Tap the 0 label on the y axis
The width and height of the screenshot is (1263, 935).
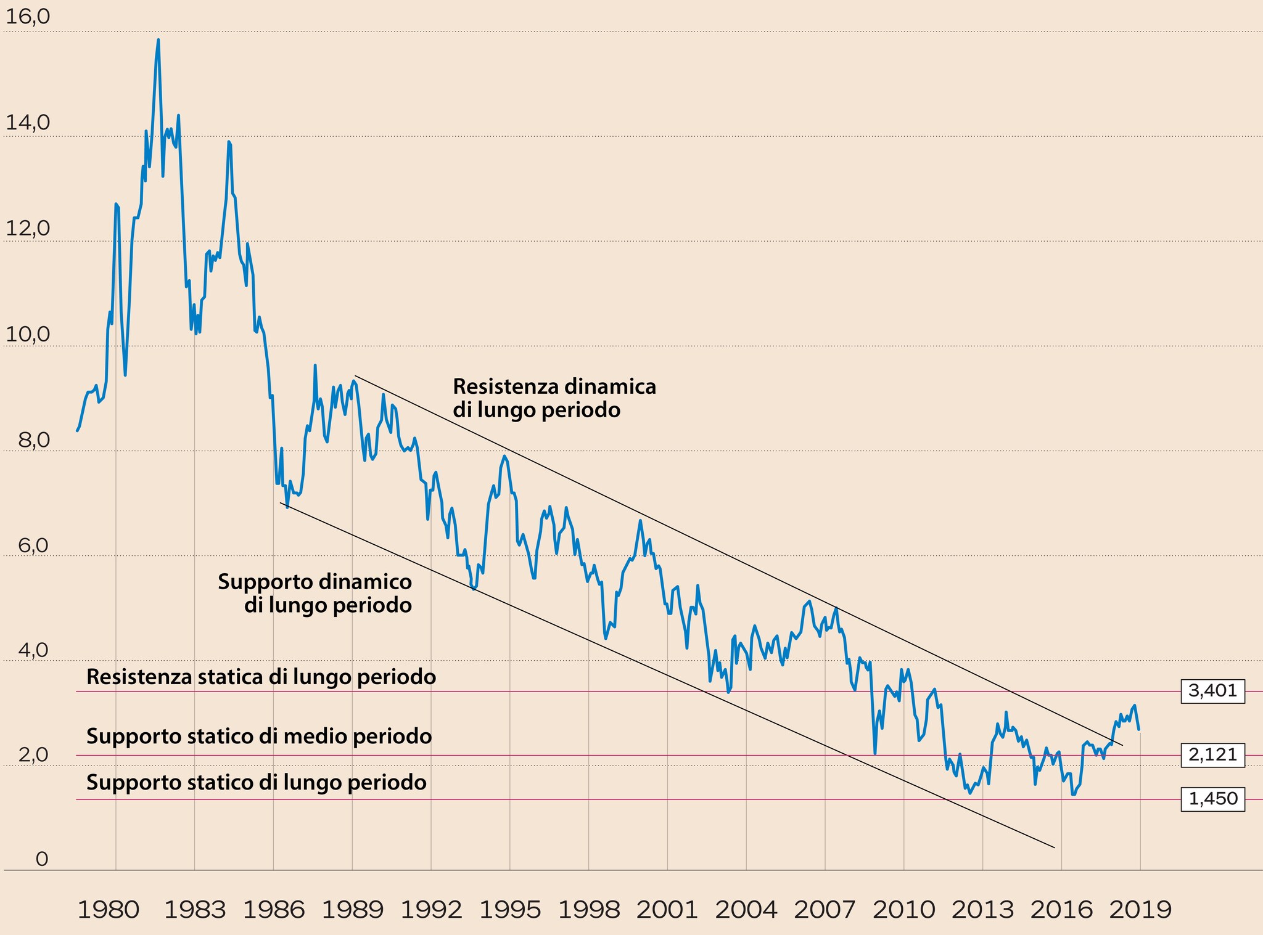(41, 859)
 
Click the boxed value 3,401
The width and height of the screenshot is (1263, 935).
(1212, 691)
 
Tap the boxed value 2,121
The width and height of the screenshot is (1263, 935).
(1212, 754)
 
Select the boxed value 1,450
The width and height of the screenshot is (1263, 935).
(1212, 799)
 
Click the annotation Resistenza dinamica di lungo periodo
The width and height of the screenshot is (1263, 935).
(554, 398)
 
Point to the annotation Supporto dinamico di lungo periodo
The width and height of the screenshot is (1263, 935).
(315, 593)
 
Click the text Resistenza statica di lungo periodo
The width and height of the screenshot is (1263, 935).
(261, 677)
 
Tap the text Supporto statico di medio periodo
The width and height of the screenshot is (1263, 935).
(259, 736)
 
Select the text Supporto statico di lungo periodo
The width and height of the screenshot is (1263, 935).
(257, 782)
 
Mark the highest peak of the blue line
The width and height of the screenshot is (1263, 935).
(158, 40)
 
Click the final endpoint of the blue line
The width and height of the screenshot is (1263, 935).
(1139, 730)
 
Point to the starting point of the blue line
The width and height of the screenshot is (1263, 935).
(77, 430)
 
